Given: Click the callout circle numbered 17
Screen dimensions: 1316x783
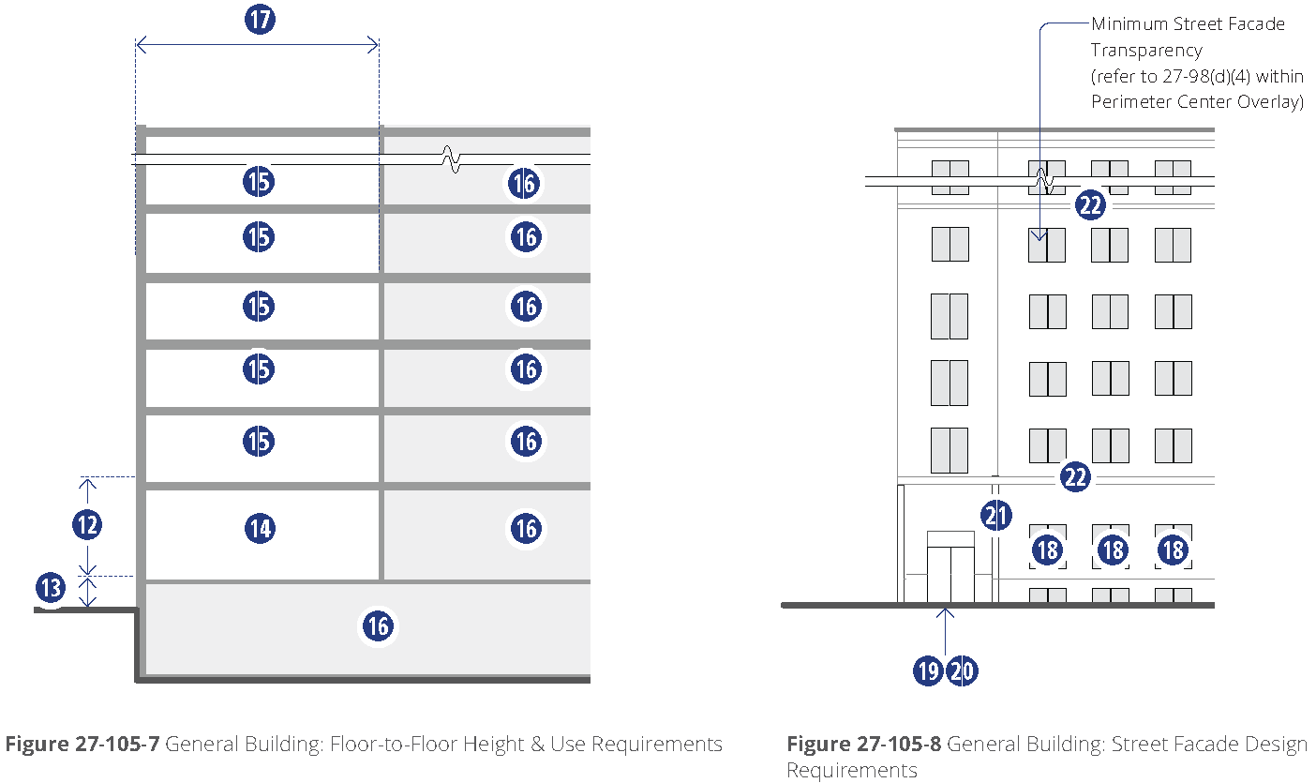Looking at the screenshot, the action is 260,20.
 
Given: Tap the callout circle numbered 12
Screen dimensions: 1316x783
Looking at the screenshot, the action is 87,524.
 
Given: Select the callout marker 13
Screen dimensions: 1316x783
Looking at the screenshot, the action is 51,587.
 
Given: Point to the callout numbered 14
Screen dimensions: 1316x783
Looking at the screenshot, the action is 260,528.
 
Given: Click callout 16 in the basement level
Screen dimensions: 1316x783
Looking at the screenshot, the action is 378,625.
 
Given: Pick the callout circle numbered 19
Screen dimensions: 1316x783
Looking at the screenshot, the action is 928,670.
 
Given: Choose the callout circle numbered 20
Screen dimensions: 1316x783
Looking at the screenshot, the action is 963,670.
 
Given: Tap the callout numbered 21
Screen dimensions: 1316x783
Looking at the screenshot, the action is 995,516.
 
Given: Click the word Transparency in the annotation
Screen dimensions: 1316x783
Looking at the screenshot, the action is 1146,51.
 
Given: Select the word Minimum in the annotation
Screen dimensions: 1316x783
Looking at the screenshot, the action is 1129,24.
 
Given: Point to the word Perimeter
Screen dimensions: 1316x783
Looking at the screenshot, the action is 1131,101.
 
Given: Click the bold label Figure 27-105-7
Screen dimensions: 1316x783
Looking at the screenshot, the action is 82,744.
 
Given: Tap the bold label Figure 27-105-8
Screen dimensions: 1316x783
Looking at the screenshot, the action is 863,744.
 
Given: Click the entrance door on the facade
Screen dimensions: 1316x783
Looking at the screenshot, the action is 950,574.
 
